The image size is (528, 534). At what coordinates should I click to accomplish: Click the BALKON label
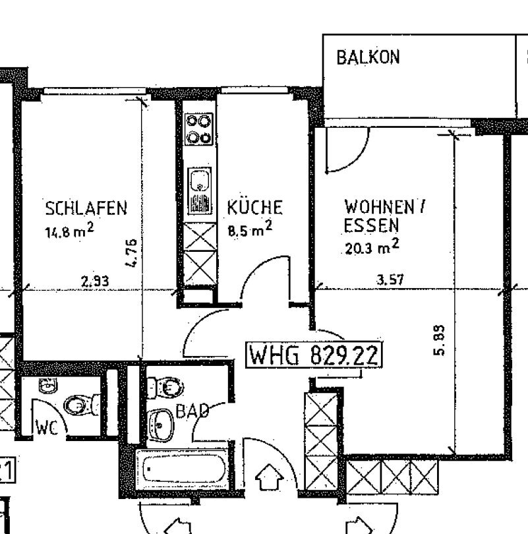pos(368,57)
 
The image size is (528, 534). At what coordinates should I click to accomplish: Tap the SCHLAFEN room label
pos(86,208)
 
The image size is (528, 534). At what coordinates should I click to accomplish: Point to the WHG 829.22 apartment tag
pos(314,355)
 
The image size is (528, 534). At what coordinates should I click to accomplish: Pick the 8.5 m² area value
pos(250,229)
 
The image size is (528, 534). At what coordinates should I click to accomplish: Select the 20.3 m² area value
pos(372,246)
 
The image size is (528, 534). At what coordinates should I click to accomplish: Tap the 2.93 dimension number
pos(95,281)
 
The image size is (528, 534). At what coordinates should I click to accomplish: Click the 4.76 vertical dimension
pos(132,252)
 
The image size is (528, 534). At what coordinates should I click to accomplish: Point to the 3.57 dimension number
pos(390,280)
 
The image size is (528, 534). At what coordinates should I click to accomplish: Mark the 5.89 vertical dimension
pos(439,340)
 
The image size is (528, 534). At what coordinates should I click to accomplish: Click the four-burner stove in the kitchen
pos(199,129)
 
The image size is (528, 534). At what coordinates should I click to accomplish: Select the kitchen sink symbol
pos(200,191)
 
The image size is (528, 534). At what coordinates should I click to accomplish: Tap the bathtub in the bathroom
pos(183,469)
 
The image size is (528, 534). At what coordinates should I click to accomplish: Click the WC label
pos(46,428)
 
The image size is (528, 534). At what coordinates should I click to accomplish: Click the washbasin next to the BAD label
pos(161,425)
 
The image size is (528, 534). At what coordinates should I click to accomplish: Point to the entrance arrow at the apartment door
pos(269,477)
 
